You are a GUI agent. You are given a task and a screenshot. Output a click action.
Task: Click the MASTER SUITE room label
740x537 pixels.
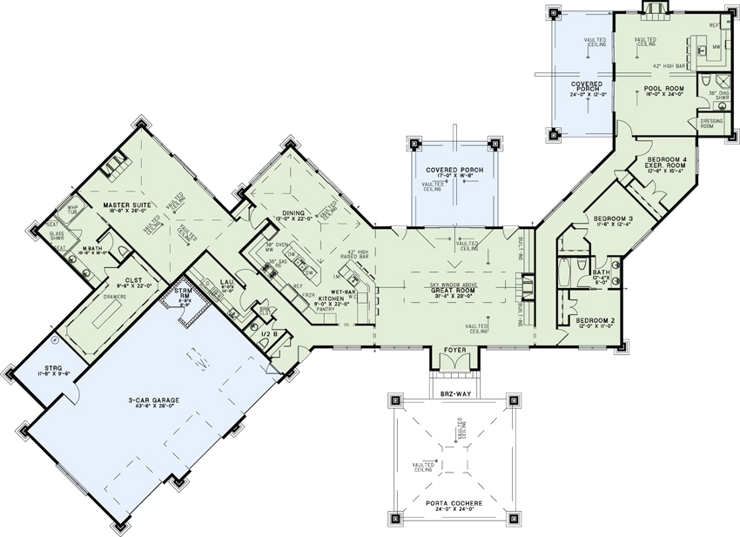pyautogui.click(x=128, y=206)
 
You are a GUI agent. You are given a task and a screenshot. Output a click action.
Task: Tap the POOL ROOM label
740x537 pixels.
pyautogui.click(x=664, y=88)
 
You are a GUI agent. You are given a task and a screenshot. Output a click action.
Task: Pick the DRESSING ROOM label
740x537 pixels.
pyautogui.click(x=713, y=124)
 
